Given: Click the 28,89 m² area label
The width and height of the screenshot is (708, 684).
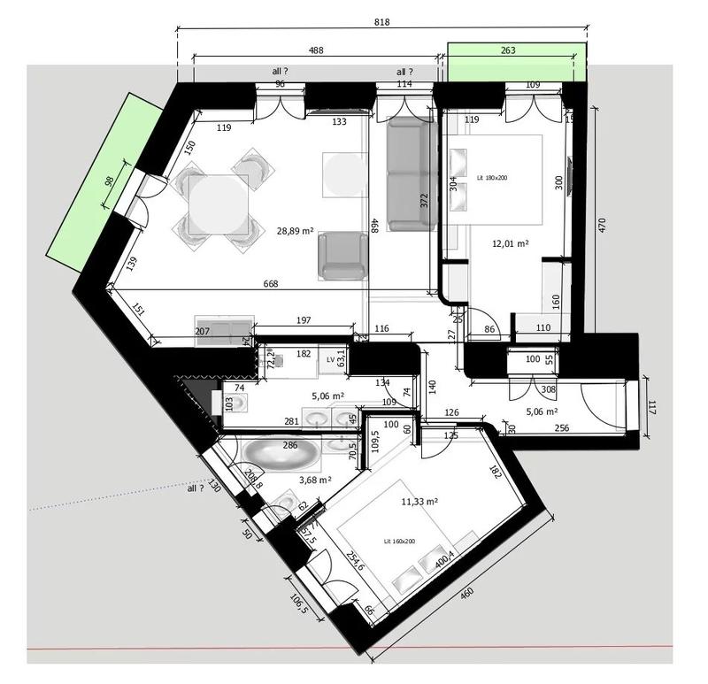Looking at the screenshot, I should click(296, 230).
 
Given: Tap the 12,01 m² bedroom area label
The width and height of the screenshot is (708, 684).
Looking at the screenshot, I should click(510, 242).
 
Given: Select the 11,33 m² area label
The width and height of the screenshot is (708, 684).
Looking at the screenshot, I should click(419, 501).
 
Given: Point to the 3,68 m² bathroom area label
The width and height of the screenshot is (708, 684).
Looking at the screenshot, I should click(315, 480).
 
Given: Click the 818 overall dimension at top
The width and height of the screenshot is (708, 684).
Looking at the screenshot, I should click(381, 22).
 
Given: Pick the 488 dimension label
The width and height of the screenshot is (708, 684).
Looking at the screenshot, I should click(315, 51).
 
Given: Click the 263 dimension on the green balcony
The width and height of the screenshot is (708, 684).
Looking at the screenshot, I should click(508, 51).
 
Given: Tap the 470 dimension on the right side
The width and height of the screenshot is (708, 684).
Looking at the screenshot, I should click(602, 225).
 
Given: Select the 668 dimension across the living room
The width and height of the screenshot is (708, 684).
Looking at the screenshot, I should click(271, 284).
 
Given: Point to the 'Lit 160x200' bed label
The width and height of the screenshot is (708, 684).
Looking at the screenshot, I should click(399, 541).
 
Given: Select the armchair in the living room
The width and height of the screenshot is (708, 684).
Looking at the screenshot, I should click(343, 255).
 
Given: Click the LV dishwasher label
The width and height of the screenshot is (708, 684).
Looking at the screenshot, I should click(331, 359).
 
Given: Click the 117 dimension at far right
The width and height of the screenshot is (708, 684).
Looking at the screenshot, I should click(652, 409).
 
